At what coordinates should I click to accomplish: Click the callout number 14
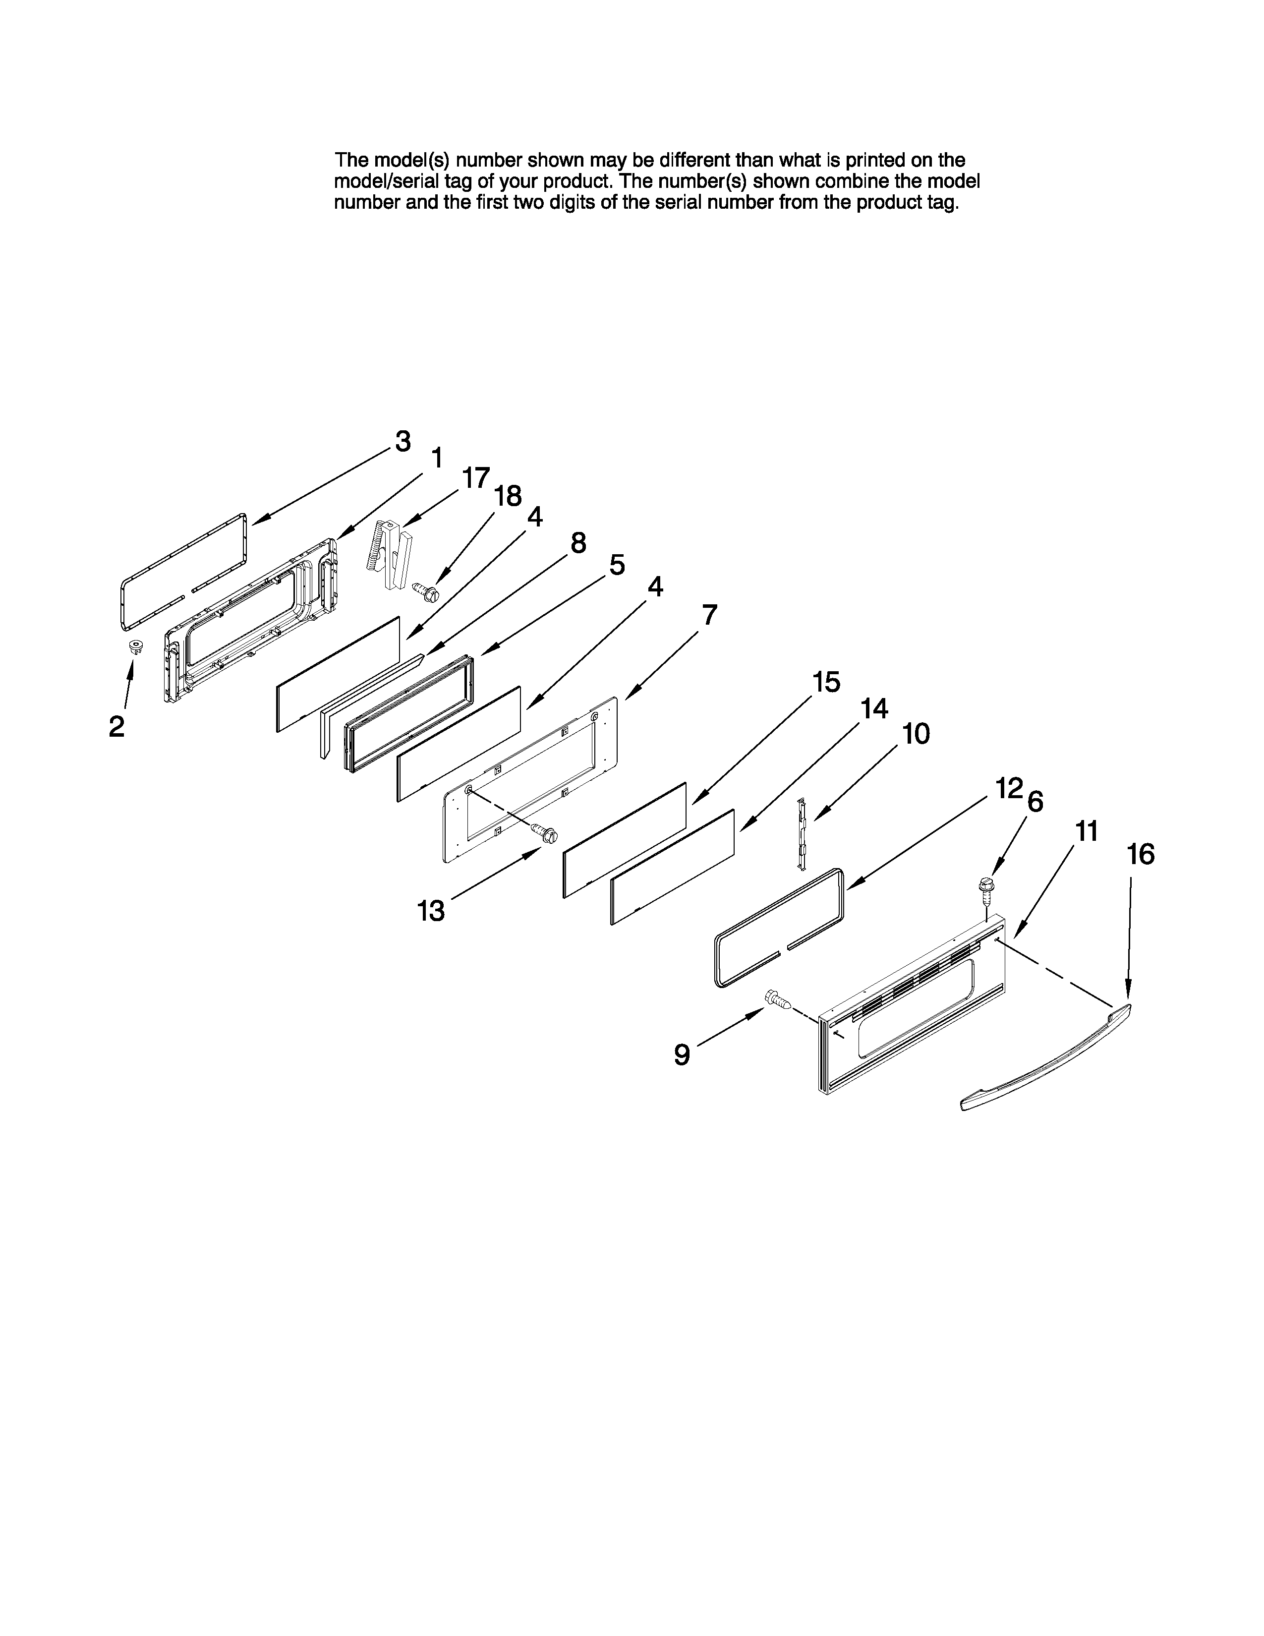[x=874, y=708]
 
